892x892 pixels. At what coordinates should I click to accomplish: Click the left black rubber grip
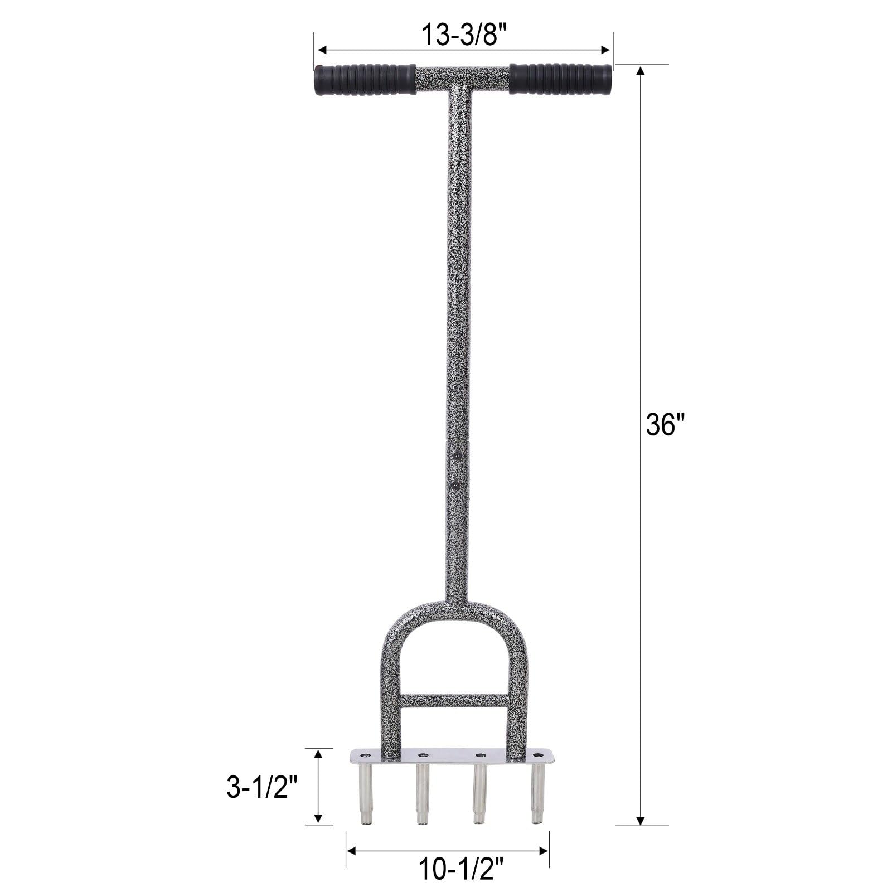(365, 80)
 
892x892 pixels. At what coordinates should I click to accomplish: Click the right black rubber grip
(560, 79)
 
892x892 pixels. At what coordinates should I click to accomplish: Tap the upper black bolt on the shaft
(457, 455)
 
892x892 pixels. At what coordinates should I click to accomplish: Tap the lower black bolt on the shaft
(457, 486)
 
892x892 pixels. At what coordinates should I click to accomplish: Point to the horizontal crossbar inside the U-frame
(454, 701)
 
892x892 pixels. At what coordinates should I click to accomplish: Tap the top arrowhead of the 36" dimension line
(641, 70)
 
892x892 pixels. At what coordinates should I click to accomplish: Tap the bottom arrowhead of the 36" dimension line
(641, 821)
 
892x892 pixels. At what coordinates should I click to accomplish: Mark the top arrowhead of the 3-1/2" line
(318, 754)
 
